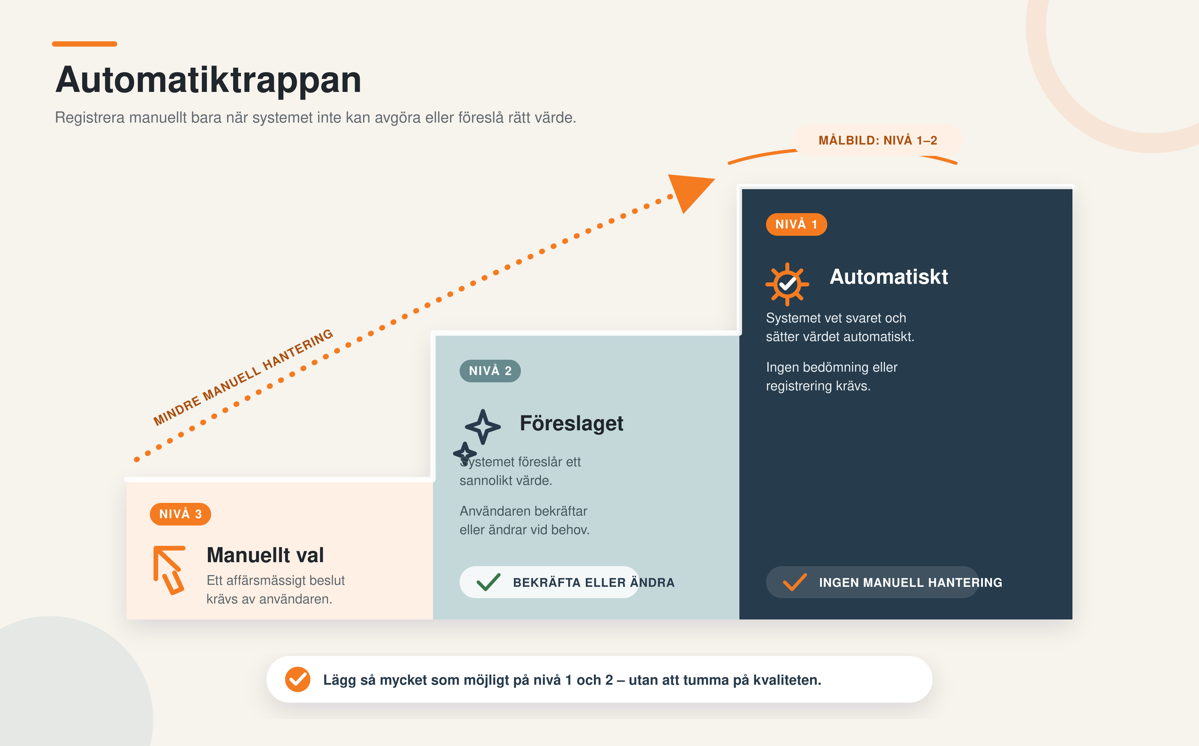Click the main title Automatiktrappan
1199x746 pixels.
tap(208, 80)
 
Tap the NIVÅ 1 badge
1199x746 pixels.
tap(796, 224)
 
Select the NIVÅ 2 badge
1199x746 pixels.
tap(490, 371)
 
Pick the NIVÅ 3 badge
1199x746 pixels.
tap(180, 514)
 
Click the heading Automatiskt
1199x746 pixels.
tap(889, 277)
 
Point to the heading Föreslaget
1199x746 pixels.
tap(572, 423)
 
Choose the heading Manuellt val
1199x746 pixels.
tap(265, 555)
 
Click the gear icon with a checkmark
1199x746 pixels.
tap(787, 284)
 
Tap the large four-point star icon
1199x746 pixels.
tap(483, 427)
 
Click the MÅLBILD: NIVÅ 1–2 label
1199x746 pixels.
tap(877, 141)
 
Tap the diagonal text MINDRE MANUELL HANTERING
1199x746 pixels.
tap(243, 377)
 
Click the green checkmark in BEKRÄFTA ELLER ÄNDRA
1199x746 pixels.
tap(489, 582)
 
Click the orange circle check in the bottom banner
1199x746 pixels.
tap(297, 679)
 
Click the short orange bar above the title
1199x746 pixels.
tap(84, 44)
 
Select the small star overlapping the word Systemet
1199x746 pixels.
tap(465, 453)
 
